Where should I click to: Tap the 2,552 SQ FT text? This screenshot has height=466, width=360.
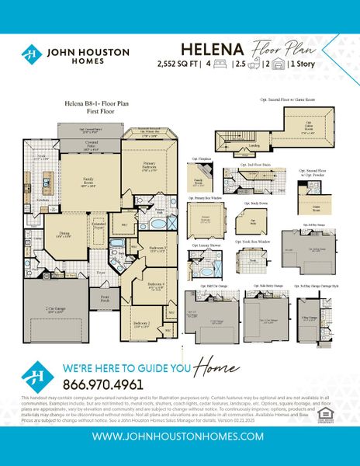(x=178, y=64)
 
